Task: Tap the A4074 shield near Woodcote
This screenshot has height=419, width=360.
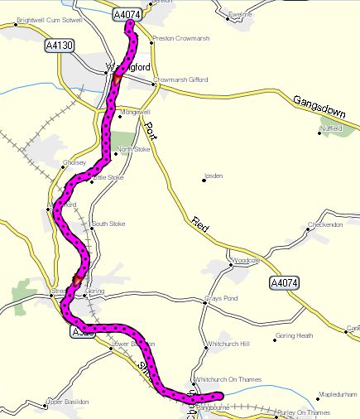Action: click(x=284, y=284)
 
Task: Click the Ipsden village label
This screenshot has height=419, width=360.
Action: click(x=214, y=176)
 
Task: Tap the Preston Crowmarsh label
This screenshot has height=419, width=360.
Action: click(x=179, y=38)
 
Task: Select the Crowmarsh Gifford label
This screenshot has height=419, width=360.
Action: click(x=180, y=79)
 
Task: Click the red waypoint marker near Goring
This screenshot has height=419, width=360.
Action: click(x=77, y=280)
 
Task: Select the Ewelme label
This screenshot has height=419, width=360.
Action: click(x=239, y=14)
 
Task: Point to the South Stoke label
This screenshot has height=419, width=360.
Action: click(x=108, y=224)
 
